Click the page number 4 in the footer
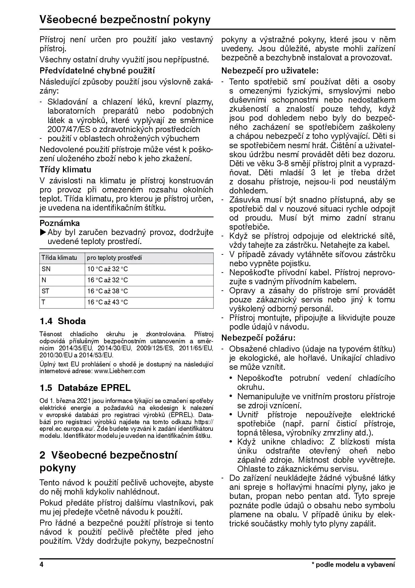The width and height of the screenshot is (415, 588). pyautogui.click(x=41, y=565)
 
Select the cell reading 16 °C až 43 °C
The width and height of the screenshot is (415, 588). pyautogui.click(x=107, y=302)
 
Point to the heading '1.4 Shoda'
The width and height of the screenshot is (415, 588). pyautogui.click(x=63, y=321)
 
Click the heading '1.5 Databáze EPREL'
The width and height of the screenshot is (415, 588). pyautogui.click(x=85, y=388)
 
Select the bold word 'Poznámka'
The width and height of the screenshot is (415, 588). pyautogui.click(x=60, y=223)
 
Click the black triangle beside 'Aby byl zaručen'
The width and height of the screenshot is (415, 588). pyautogui.click(x=43, y=232)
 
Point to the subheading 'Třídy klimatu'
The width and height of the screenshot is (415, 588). pyautogui.click(x=65, y=169)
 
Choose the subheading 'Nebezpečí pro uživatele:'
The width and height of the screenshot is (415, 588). pyautogui.click(x=270, y=71)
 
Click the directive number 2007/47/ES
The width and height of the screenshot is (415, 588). pyautogui.click(x=66, y=129)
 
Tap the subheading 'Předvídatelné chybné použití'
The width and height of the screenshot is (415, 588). pyautogui.click(x=97, y=71)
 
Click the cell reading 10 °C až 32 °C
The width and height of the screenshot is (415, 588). pyautogui.click(x=107, y=269)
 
